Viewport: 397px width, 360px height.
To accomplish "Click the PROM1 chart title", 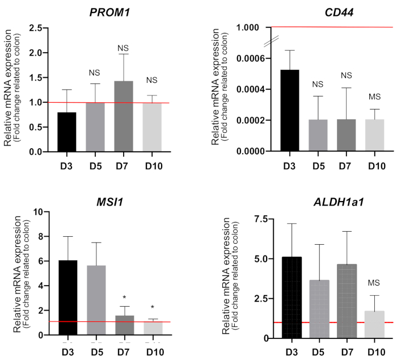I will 108,10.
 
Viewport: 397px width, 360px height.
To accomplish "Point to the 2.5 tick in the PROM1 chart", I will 35,28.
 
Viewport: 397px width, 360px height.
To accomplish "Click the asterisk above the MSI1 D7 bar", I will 124,297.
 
